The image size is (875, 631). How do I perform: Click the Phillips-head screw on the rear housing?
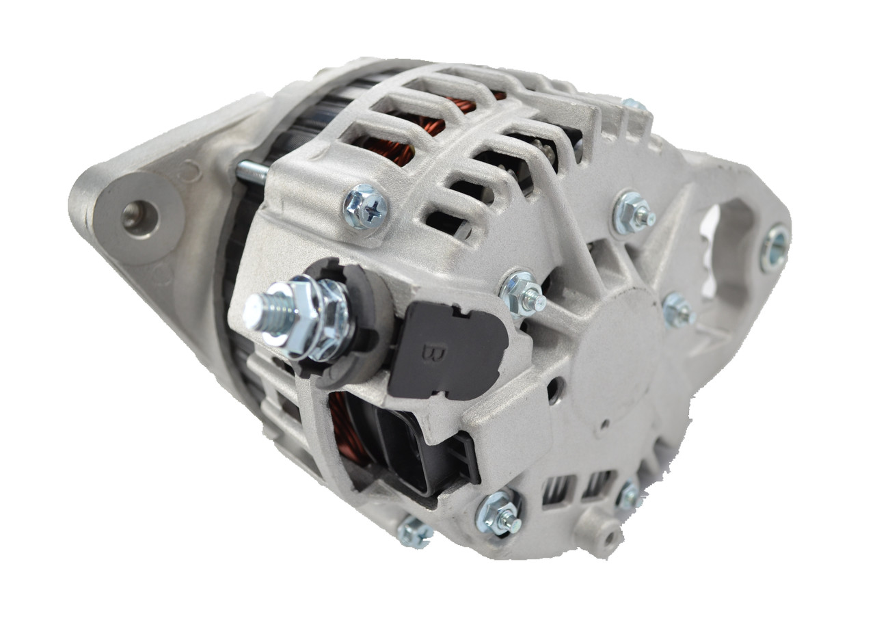tap(366, 206)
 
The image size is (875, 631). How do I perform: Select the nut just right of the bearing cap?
tap(678, 310)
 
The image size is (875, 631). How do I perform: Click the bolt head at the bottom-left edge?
tap(414, 531)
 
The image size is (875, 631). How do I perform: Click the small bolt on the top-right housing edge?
tap(634, 105)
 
